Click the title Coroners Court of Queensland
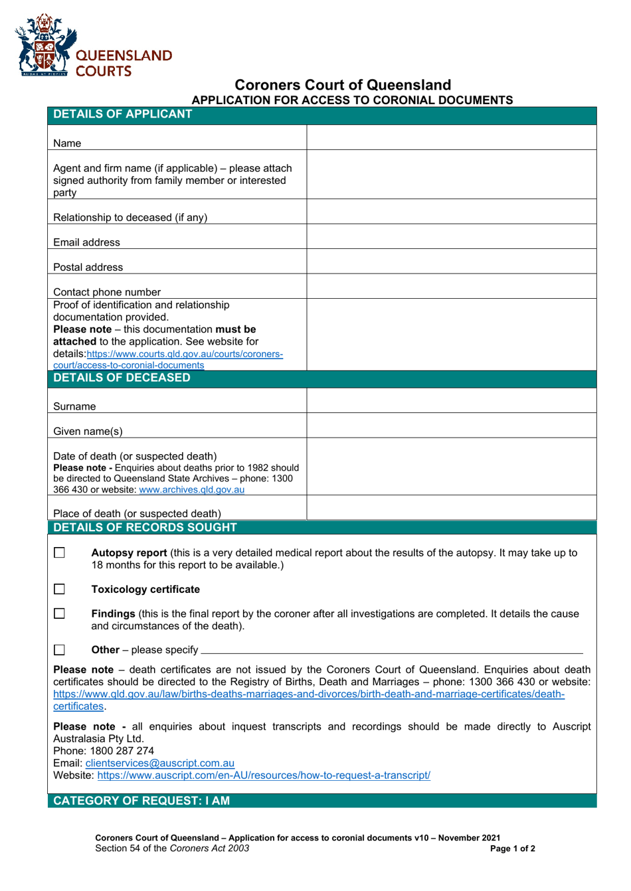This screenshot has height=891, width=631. pos(343,85)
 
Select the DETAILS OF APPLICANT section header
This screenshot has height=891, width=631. pos(123,114)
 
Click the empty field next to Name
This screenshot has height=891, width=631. pos(451,137)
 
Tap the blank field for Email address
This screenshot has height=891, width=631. pos(451,236)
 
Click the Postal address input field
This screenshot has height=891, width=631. pos(451,262)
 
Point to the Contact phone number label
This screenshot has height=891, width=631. pos(107,292)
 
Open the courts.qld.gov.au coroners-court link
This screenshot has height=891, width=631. pos(185,355)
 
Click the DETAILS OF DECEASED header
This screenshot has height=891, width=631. pos(122,378)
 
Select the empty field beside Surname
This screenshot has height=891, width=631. pos(451,401)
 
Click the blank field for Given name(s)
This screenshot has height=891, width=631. pos(451,426)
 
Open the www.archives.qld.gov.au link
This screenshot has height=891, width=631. pos(191,490)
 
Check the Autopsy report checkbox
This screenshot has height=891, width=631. pos(60,553)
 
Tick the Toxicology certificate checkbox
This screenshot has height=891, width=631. pos(60,590)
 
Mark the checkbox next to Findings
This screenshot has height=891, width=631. pos(60,614)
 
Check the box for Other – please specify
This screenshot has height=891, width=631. pos(60,650)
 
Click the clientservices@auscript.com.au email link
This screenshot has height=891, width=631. pos(159,764)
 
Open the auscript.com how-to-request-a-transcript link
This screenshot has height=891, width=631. pos(264,775)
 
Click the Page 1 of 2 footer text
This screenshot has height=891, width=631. pos(512,849)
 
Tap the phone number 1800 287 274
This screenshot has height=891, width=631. pos(122,751)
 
